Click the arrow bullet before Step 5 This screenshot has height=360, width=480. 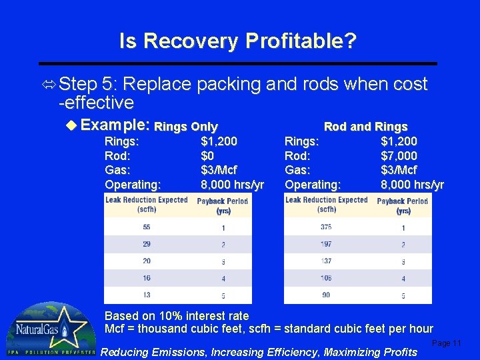[x=50, y=84]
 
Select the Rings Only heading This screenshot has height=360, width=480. [x=186, y=127]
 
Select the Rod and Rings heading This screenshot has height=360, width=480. [x=365, y=127]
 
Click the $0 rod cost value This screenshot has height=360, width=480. [x=208, y=155]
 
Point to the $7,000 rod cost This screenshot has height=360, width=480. [x=399, y=155]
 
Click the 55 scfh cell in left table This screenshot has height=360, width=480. [x=147, y=227]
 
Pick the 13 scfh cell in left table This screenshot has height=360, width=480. [x=147, y=295]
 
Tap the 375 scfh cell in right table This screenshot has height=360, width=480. [x=326, y=227]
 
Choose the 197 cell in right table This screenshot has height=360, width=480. [x=326, y=245]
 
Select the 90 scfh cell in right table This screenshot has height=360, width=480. [x=326, y=295]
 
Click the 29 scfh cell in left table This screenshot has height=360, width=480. [x=147, y=245]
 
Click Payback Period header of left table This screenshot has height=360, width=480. [x=223, y=205]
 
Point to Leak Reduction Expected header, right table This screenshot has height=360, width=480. [x=327, y=204]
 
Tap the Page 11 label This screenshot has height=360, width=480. [x=446, y=343]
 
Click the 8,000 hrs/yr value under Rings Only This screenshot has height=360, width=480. [x=232, y=184]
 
